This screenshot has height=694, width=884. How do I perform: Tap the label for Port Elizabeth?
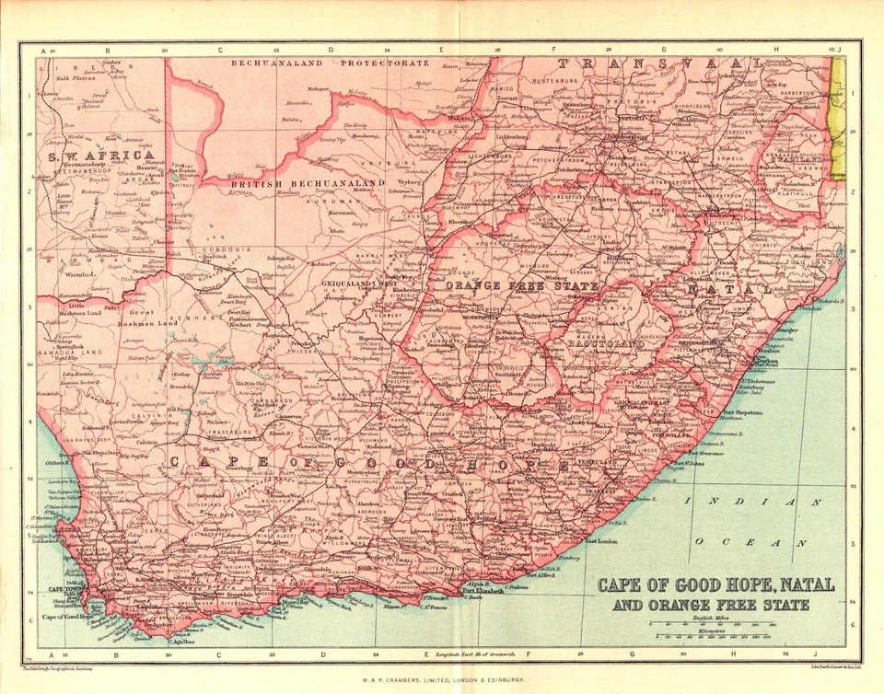coord(483,591)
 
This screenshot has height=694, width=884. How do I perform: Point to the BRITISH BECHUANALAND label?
coord(305,184)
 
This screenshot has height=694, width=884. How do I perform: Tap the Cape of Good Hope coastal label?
coord(64,617)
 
